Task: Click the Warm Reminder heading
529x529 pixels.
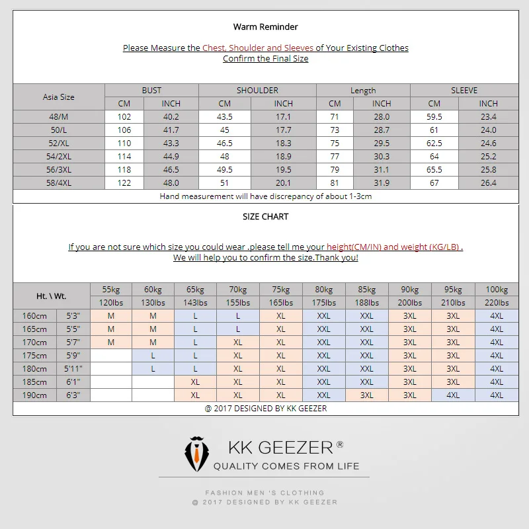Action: (x=265, y=27)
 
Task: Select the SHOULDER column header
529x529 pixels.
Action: (x=257, y=91)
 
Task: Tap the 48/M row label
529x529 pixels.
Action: (x=59, y=117)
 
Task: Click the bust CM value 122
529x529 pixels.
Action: (x=124, y=183)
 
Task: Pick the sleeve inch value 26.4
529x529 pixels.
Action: (x=488, y=183)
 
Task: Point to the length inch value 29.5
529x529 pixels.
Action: (x=382, y=143)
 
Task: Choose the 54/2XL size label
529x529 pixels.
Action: (x=59, y=157)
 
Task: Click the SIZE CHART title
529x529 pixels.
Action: (x=265, y=216)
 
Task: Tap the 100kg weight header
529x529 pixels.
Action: (x=496, y=290)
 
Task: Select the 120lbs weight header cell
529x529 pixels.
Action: (x=111, y=303)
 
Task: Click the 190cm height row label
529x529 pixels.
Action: (x=35, y=395)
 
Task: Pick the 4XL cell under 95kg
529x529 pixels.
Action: (x=453, y=395)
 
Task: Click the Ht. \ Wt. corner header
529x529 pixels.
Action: (x=51, y=296)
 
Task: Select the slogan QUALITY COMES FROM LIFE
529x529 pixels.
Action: (x=286, y=466)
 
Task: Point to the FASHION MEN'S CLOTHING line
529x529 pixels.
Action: (x=264, y=493)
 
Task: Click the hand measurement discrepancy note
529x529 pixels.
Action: (x=265, y=196)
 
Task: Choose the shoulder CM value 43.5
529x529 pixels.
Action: (x=225, y=117)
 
